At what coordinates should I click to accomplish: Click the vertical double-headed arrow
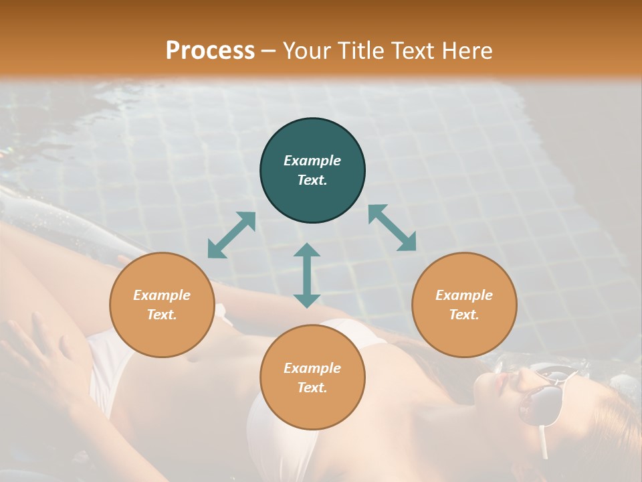[x=307, y=275]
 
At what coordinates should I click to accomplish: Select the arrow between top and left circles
[x=231, y=234]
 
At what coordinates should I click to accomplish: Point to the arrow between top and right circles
[x=392, y=228]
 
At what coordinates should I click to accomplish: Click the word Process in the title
[x=210, y=50]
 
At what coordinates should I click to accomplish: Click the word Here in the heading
[x=465, y=50]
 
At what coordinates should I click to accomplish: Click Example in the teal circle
[x=312, y=161]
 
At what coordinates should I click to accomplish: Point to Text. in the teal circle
[x=312, y=180]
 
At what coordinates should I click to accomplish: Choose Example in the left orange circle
[x=162, y=295]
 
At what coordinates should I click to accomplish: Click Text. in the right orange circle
[x=464, y=315]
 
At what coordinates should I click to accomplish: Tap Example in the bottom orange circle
[x=312, y=368]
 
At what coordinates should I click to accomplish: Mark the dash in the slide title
[x=269, y=51]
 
